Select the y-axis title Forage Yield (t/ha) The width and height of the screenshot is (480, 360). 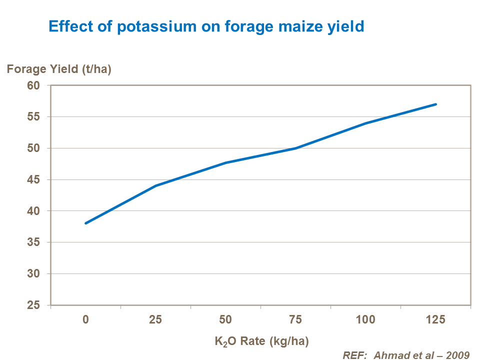pyautogui.click(x=59, y=69)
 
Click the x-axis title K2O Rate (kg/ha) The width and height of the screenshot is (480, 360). pyautogui.click(x=261, y=342)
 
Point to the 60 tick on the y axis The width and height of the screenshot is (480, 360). pyautogui.click(x=39, y=85)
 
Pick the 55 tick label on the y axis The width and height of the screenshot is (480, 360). pyautogui.click(x=39, y=117)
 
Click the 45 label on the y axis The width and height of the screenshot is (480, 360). pyautogui.click(x=39, y=179)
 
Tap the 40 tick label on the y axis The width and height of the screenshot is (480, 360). pyautogui.click(x=39, y=211)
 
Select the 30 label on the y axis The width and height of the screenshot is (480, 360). pyautogui.click(x=39, y=274)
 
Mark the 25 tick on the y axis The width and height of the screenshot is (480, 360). pyautogui.click(x=39, y=305)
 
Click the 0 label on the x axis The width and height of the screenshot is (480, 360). pyautogui.click(x=86, y=319)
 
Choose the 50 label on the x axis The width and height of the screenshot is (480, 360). pyautogui.click(x=225, y=319)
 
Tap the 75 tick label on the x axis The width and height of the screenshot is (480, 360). pyautogui.click(x=295, y=319)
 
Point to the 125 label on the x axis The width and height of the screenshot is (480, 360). pyautogui.click(x=435, y=319)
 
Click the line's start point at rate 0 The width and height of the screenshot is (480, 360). pyautogui.click(x=86, y=223)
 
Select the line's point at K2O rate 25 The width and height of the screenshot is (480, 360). pyautogui.click(x=156, y=185)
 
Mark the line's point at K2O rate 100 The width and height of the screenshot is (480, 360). pyautogui.click(x=365, y=123)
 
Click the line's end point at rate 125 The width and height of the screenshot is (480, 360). pyautogui.click(x=435, y=104)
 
